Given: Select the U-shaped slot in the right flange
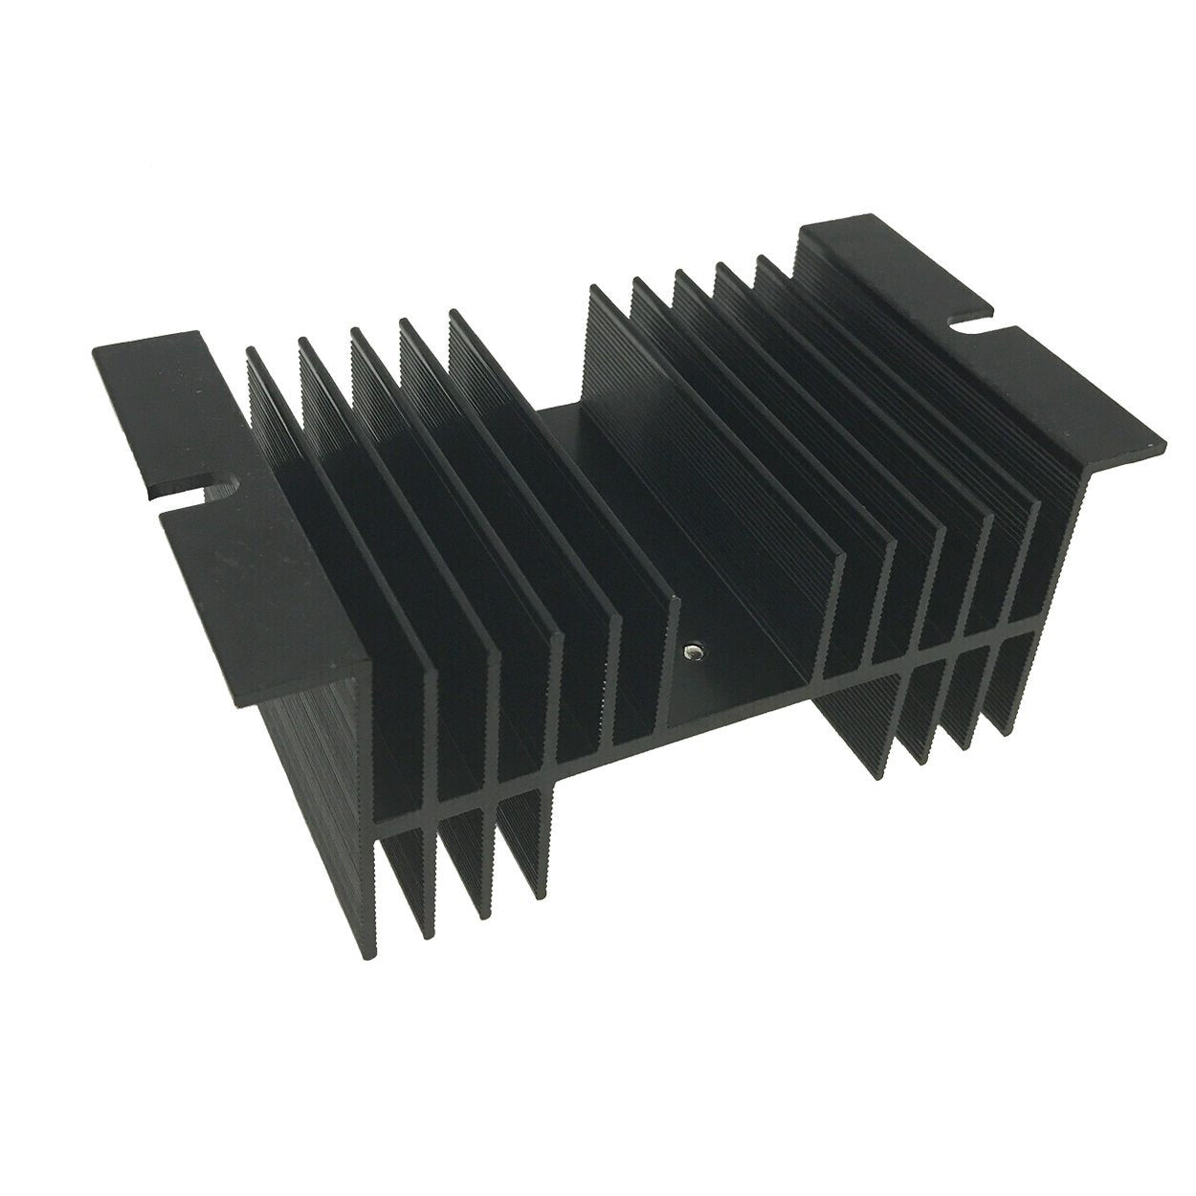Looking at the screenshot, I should point(974,332).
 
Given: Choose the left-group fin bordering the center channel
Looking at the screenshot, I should point(565,478).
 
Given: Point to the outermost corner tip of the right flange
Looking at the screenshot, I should point(1163,446).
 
